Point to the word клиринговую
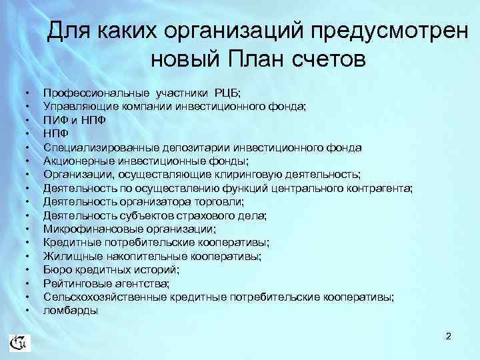click(x=260, y=175)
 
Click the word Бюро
click(x=57, y=270)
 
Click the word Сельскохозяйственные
click(x=104, y=297)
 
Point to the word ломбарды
click(x=71, y=311)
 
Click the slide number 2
click(x=449, y=336)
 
